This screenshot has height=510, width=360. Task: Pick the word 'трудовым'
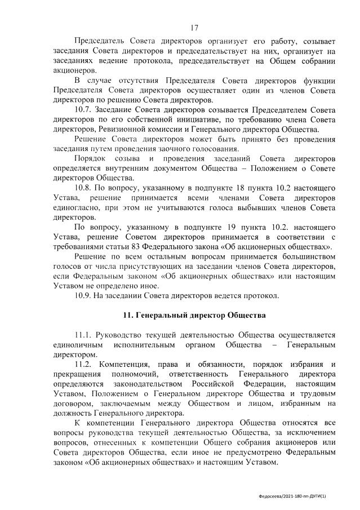[x=317, y=393]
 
